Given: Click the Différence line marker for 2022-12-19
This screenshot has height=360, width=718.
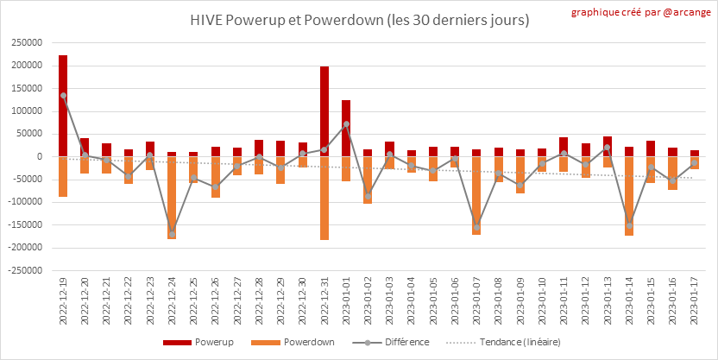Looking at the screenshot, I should (63, 96).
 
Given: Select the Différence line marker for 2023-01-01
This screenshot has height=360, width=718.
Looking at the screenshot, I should (346, 124).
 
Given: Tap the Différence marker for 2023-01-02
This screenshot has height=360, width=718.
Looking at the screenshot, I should (368, 196).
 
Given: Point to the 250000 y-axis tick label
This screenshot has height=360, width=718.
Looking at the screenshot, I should (27, 43).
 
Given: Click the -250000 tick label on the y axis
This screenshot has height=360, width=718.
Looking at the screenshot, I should (25, 270).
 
